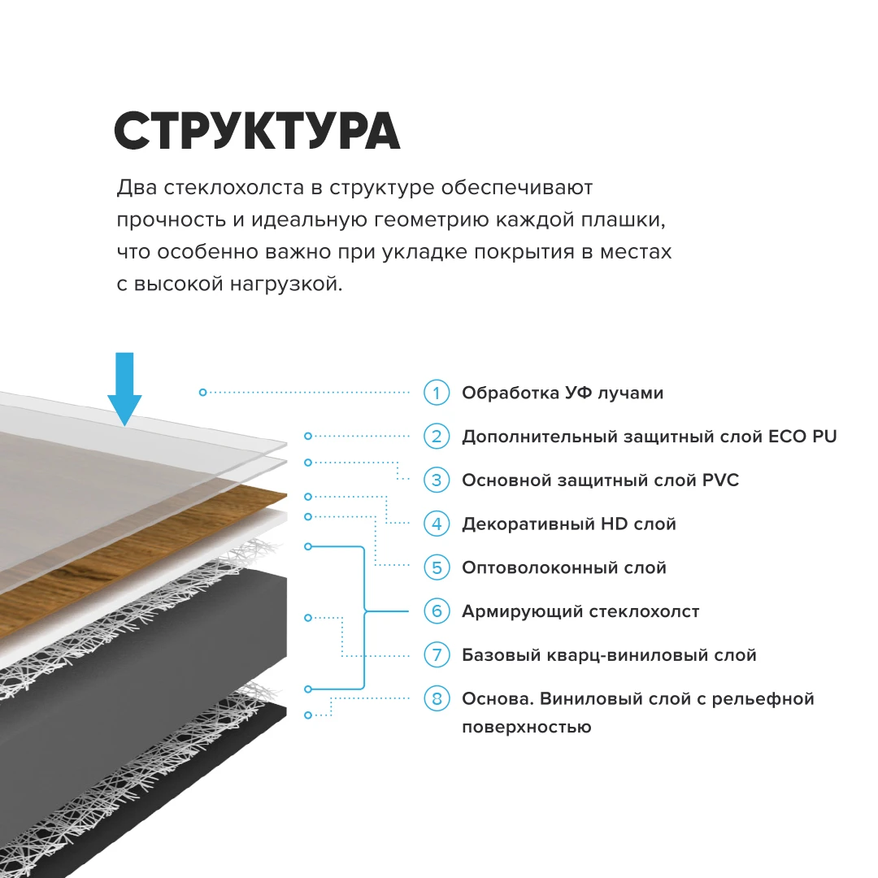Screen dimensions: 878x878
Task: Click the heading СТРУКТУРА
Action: [x=257, y=130]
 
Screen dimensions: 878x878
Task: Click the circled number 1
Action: [x=437, y=393]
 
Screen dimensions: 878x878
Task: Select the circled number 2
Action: [x=437, y=437]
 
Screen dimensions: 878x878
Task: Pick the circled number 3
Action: [x=437, y=480]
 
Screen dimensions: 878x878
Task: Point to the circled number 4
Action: [x=437, y=524]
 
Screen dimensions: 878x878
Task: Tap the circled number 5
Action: [x=437, y=567]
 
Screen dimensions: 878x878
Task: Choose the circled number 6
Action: [x=437, y=611]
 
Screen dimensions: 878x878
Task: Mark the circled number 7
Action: [x=437, y=654]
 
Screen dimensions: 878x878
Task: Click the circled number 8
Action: [x=437, y=698]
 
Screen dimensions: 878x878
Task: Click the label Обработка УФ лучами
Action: [x=562, y=393]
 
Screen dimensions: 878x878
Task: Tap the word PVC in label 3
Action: [x=720, y=480]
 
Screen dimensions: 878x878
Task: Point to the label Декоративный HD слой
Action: [x=568, y=524]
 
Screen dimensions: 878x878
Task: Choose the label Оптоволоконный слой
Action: [x=563, y=567]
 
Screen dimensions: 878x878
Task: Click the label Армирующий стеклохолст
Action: [x=580, y=611]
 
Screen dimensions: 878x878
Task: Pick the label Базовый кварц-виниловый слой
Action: [x=609, y=654]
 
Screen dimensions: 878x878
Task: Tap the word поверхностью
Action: [x=526, y=727]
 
